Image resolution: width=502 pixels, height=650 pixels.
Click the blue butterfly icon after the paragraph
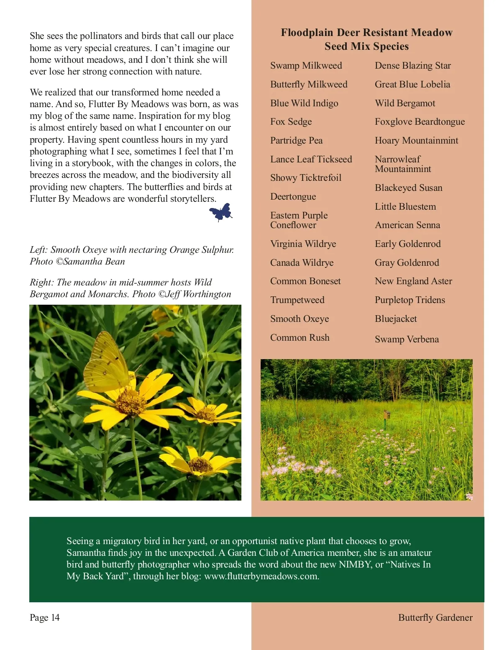221,212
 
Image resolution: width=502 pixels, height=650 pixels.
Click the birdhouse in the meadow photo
387,414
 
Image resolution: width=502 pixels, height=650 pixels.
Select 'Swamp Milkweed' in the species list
306,66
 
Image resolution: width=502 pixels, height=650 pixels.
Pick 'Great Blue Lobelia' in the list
412,85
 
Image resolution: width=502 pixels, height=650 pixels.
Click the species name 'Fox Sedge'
291,122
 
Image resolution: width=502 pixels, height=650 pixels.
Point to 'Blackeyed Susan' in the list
408,188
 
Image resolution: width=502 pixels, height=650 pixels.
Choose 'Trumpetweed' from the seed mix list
297,300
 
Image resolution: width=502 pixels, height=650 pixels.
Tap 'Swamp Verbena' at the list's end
407,339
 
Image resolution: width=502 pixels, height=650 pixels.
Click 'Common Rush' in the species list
300,338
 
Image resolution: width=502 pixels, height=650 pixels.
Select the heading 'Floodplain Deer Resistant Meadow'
366,33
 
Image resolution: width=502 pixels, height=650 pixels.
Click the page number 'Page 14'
45,618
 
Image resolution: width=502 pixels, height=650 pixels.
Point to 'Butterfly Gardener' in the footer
435,618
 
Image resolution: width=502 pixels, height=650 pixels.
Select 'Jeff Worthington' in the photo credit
199,294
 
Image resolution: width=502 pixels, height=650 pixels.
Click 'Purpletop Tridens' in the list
410,300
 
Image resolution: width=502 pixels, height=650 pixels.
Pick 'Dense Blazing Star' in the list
412,66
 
